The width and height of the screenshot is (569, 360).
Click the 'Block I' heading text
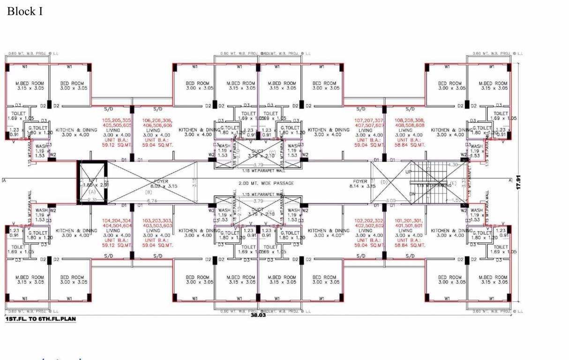[24, 11]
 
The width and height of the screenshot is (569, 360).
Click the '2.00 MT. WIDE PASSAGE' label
[266, 183]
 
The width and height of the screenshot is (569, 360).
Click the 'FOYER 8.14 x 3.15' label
[362, 183]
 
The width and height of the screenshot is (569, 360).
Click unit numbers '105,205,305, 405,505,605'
[117, 123]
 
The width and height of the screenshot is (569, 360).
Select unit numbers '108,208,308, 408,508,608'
[410, 123]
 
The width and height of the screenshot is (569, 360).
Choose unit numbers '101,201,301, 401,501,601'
[410, 223]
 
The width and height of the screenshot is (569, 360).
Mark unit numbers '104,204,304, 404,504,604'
[117, 223]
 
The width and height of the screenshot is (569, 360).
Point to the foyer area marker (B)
[149, 192]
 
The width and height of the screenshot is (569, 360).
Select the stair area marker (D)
[384, 181]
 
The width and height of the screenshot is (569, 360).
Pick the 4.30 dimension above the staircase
[453, 165]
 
